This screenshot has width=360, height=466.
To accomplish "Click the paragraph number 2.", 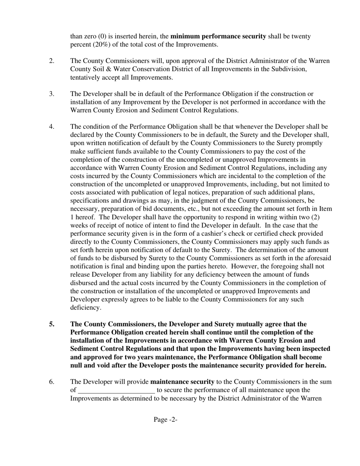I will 52,61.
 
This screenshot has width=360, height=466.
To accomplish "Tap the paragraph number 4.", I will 52,127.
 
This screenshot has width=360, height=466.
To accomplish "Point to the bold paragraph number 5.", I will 52,324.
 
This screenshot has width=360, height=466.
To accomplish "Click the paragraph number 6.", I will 52,382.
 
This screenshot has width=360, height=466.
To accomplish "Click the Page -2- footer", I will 166,419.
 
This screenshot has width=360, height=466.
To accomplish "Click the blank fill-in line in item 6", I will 116,390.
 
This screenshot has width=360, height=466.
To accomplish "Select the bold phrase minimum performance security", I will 218,37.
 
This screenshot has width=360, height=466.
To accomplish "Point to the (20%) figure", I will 98,45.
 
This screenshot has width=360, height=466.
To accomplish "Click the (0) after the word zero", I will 102,37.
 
